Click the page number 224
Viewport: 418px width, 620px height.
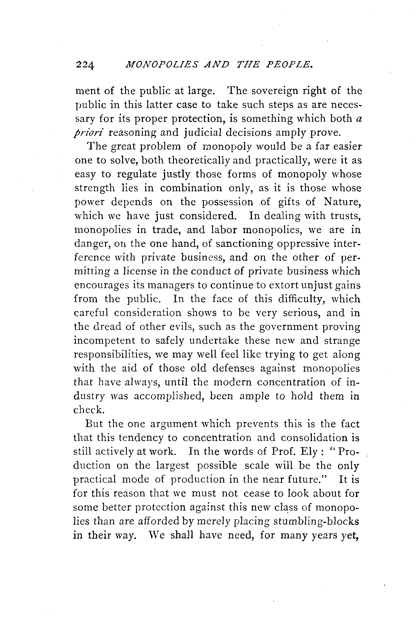[85, 66]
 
